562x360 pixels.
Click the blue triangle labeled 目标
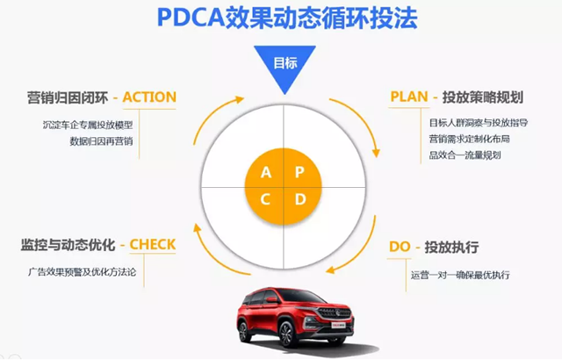tap(282, 66)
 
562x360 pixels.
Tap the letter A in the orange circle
tap(266, 172)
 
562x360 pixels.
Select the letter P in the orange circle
tap(299, 172)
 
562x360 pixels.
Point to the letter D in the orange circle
tap(299, 200)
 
